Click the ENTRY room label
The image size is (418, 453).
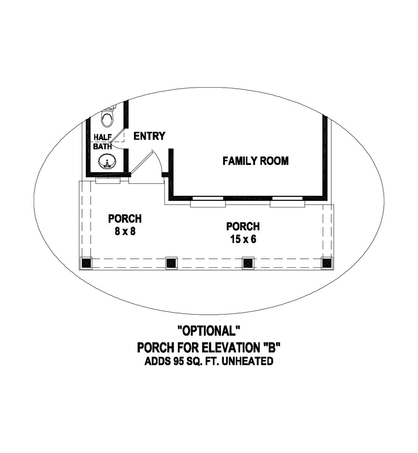(x=149, y=136)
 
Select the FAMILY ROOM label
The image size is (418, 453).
(x=255, y=161)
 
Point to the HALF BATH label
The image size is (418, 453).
(x=103, y=141)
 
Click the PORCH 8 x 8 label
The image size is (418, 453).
(x=125, y=225)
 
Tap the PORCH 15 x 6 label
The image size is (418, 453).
(x=243, y=232)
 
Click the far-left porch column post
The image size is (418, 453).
(x=86, y=263)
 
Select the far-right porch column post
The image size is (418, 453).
(x=327, y=263)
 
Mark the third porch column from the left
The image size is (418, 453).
(x=248, y=263)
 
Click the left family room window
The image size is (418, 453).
(x=208, y=201)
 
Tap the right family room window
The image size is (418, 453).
(x=287, y=201)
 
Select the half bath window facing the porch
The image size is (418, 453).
(x=108, y=179)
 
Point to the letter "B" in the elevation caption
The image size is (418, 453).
(x=271, y=347)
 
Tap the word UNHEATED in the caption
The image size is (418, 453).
(x=247, y=362)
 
